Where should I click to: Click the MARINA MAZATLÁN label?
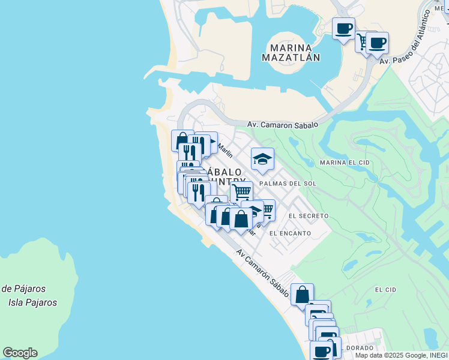pyautogui.click(x=291, y=53)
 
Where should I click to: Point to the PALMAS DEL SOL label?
pyautogui.click(x=288, y=183)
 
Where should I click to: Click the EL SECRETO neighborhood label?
pyautogui.click(x=308, y=215)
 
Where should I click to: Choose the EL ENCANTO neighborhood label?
pyautogui.click(x=290, y=233)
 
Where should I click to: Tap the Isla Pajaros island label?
pyautogui.click(x=33, y=302)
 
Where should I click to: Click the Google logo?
pyautogui.click(x=20, y=353)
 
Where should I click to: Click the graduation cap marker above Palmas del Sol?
pyautogui.click(x=262, y=160)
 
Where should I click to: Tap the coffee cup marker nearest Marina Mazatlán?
pyautogui.click(x=344, y=29)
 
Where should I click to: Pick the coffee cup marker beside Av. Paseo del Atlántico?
pyautogui.click(x=378, y=43)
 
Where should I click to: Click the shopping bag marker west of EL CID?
pyautogui.click(x=302, y=294)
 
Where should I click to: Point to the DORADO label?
pyautogui.click(x=360, y=348)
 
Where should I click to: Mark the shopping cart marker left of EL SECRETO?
pyautogui.click(x=265, y=210)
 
